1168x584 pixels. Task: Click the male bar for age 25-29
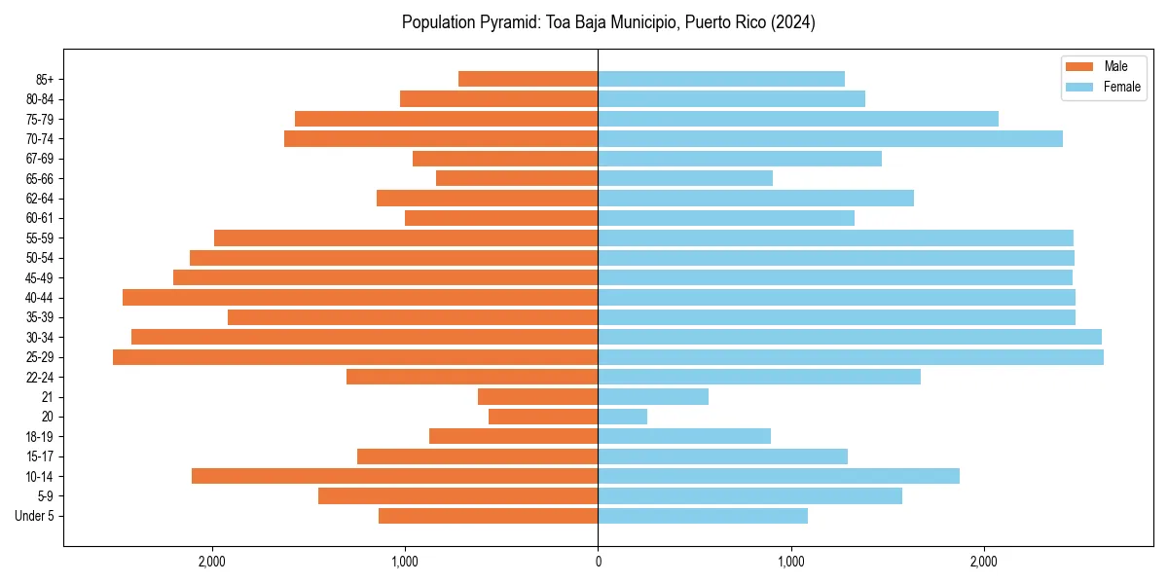tap(355, 357)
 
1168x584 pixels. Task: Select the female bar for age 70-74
tap(830, 139)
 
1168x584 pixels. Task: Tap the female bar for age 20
tap(623, 417)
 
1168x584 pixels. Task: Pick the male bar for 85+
tap(528, 79)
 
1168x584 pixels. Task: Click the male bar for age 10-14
tap(394, 476)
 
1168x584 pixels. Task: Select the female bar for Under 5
tap(703, 516)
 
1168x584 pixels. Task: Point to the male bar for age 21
tap(537, 397)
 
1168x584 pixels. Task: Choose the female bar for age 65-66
tap(685, 178)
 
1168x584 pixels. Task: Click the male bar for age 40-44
tap(360, 298)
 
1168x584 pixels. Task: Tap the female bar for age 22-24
tap(759, 377)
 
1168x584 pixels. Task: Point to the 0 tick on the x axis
tap(598, 561)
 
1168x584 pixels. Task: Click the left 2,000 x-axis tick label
tap(211, 561)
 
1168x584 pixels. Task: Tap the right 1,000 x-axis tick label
tap(791, 561)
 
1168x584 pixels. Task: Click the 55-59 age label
tap(40, 238)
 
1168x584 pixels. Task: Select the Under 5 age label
tap(34, 516)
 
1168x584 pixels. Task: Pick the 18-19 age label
tap(40, 437)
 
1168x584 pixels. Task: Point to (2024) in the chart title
tap(791, 22)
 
